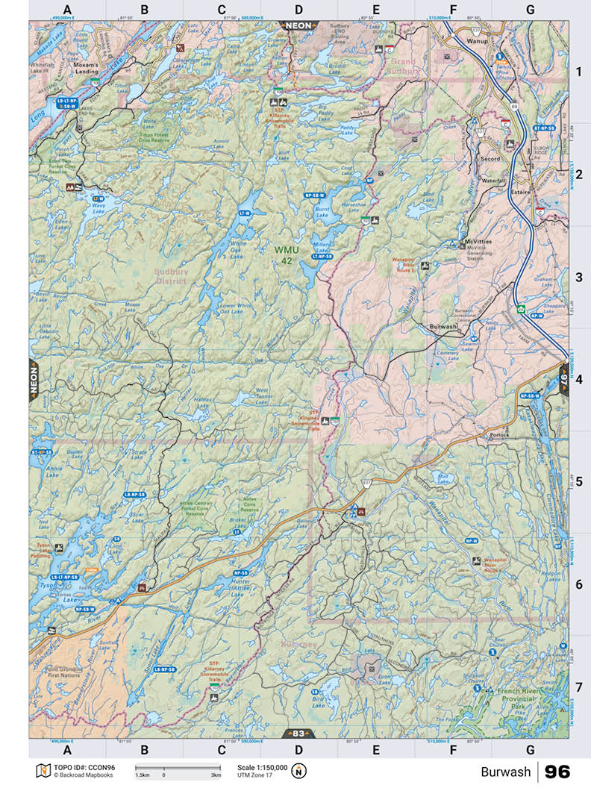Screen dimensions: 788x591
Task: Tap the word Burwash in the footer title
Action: [505, 772]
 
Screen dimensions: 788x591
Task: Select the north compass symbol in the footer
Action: [299, 771]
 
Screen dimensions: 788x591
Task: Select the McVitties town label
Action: [478, 243]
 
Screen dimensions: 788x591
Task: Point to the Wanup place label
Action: [478, 41]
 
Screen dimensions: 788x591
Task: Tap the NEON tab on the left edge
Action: [34, 380]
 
